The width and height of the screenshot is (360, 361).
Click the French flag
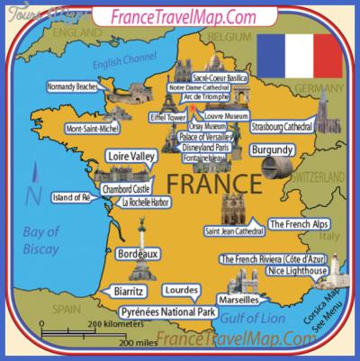click(301, 56)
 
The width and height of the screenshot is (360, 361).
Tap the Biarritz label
click(133, 291)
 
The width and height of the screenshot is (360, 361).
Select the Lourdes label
click(180, 292)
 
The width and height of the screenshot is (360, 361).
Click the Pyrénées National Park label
click(169, 312)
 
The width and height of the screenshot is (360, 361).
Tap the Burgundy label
click(272, 150)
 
